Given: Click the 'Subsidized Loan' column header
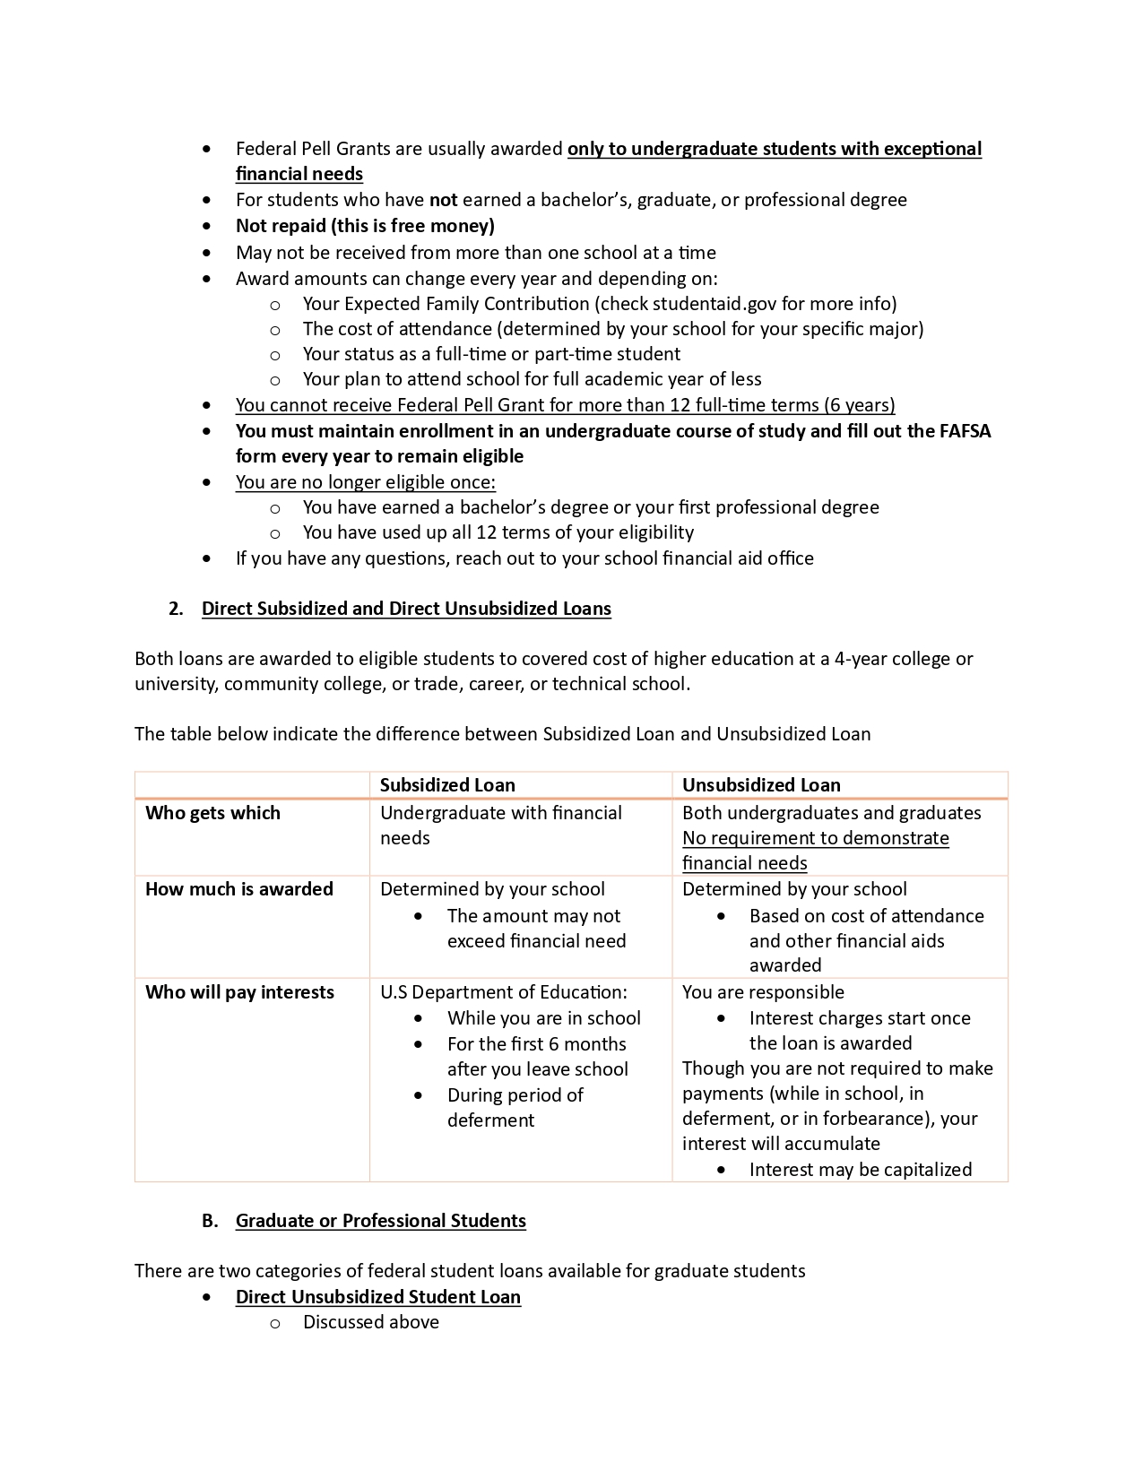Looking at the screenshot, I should (447, 785).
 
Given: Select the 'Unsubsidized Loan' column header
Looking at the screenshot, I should (761, 785).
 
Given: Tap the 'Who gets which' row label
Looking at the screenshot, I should (212, 813).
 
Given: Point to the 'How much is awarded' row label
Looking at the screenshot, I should (239, 889).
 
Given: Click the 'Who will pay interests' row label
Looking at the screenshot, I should (239, 992).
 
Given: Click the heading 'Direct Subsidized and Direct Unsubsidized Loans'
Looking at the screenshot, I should (406, 609).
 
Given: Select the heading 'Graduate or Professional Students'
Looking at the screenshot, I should (381, 1221).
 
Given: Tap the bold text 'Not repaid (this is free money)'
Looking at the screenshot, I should (365, 226).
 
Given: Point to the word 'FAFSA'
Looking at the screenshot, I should (965, 431).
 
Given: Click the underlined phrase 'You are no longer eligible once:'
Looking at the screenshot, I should (366, 482).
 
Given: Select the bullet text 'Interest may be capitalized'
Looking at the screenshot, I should (861, 1170).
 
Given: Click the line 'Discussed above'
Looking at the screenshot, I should (371, 1322).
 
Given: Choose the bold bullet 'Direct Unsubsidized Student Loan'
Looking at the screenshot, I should (378, 1297).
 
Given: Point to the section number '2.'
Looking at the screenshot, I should (176, 609).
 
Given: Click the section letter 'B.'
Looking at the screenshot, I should (210, 1221).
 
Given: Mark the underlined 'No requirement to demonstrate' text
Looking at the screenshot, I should (816, 838).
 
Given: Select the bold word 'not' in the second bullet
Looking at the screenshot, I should (444, 200).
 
